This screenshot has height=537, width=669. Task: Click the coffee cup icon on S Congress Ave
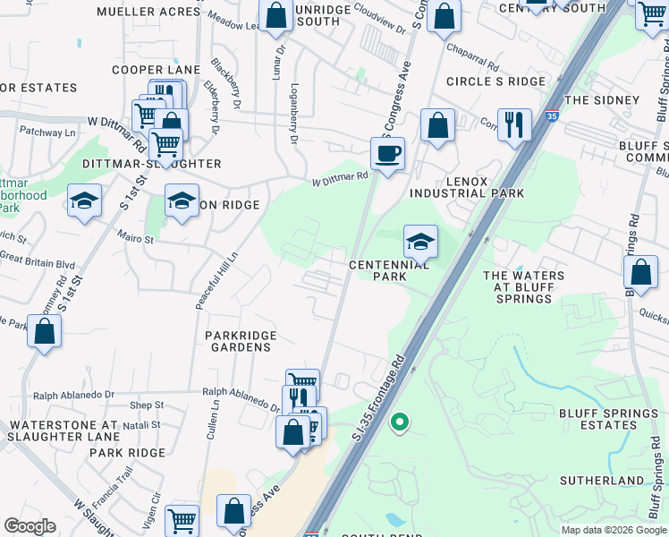click(387, 153)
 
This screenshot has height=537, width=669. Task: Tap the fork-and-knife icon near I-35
click(514, 124)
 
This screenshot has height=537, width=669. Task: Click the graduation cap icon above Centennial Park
click(420, 241)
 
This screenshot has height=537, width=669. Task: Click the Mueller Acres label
click(148, 12)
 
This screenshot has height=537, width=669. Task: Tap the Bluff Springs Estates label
click(608, 419)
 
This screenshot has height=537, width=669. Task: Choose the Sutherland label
click(602, 481)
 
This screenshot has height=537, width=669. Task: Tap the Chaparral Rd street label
click(473, 57)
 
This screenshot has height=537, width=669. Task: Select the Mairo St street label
click(136, 239)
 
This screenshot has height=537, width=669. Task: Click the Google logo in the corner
click(30, 526)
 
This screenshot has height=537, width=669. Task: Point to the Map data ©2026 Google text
click(613, 530)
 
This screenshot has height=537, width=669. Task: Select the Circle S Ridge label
click(495, 81)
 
